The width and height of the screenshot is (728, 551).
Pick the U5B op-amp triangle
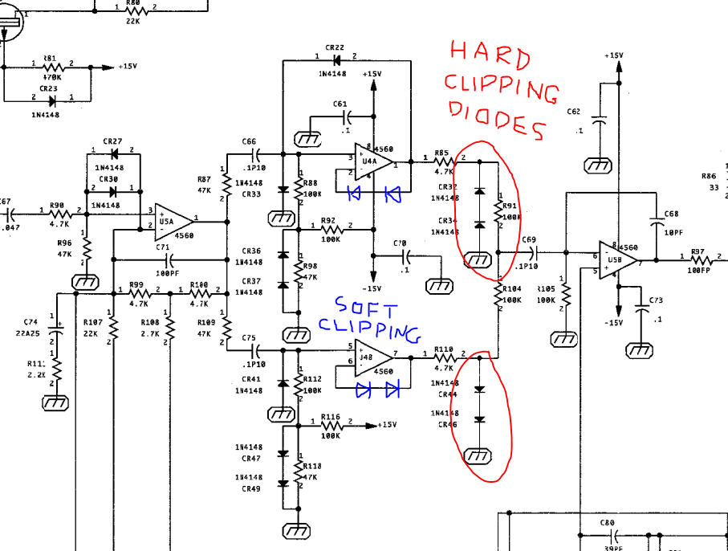coord(618,259)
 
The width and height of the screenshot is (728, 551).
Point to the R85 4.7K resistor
coord(444,160)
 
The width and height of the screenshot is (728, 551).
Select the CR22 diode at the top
coord(336,60)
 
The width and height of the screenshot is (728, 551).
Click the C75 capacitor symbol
coord(257,350)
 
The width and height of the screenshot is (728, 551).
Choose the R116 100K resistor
coord(330,425)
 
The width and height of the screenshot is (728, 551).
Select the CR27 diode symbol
coord(112,152)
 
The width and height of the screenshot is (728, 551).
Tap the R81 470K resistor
coord(51,67)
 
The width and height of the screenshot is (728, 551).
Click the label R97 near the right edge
coord(697,251)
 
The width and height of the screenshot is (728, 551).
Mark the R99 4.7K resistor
coord(138,293)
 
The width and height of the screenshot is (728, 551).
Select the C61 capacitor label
coord(340,104)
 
